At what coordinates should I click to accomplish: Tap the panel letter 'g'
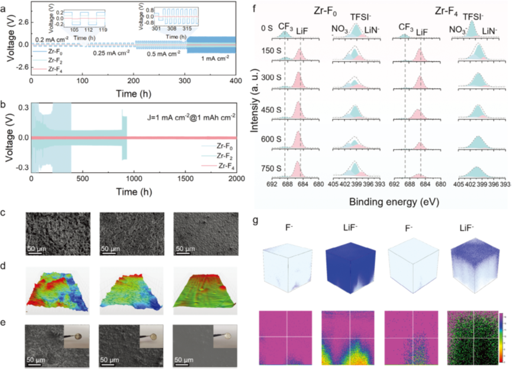pos(256,220)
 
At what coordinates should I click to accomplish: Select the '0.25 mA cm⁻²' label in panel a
pos(111,53)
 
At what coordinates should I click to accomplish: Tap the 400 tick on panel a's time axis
pos(235,80)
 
